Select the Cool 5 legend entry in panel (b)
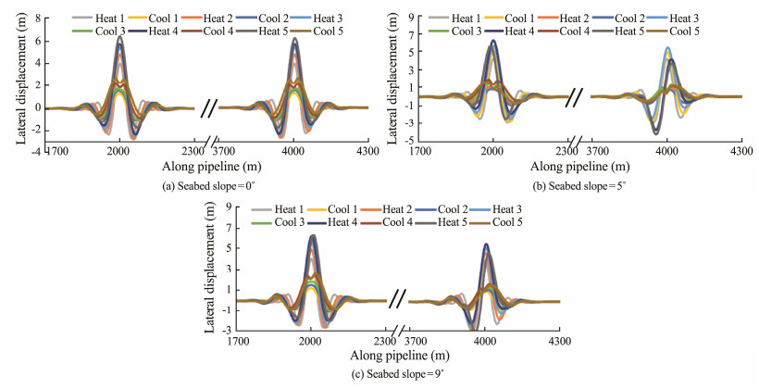click(670, 31)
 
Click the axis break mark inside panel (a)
click(208, 107)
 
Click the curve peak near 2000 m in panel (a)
click(119, 38)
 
